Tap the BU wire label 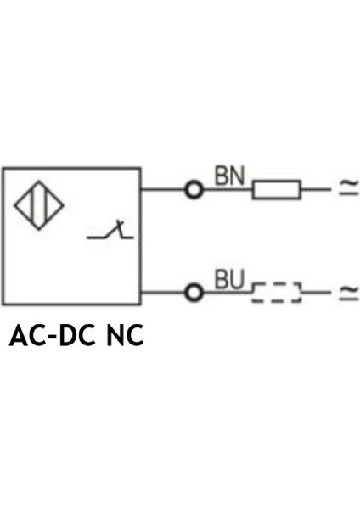pyautogui.click(x=228, y=279)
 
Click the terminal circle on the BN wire pyautogui.click(x=194, y=189)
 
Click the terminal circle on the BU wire pyautogui.click(x=194, y=293)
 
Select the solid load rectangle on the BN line pyautogui.click(x=276, y=189)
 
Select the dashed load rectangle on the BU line pyautogui.click(x=276, y=294)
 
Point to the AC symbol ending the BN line pyautogui.click(x=348, y=189)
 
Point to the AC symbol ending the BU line pyautogui.click(x=348, y=293)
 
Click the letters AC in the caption pyautogui.click(x=25, y=338)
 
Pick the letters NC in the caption pyautogui.click(x=124, y=338)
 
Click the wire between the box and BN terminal pyautogui.click(x=163, y=189)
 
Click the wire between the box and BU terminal pyautogui.click(x=163, y=293)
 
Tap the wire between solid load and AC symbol pyautogui.click(x=315, y=189)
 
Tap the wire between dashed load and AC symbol pyautogui.click(x=315, y=293)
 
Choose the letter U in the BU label pyautogui.click(x=237, y=279)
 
